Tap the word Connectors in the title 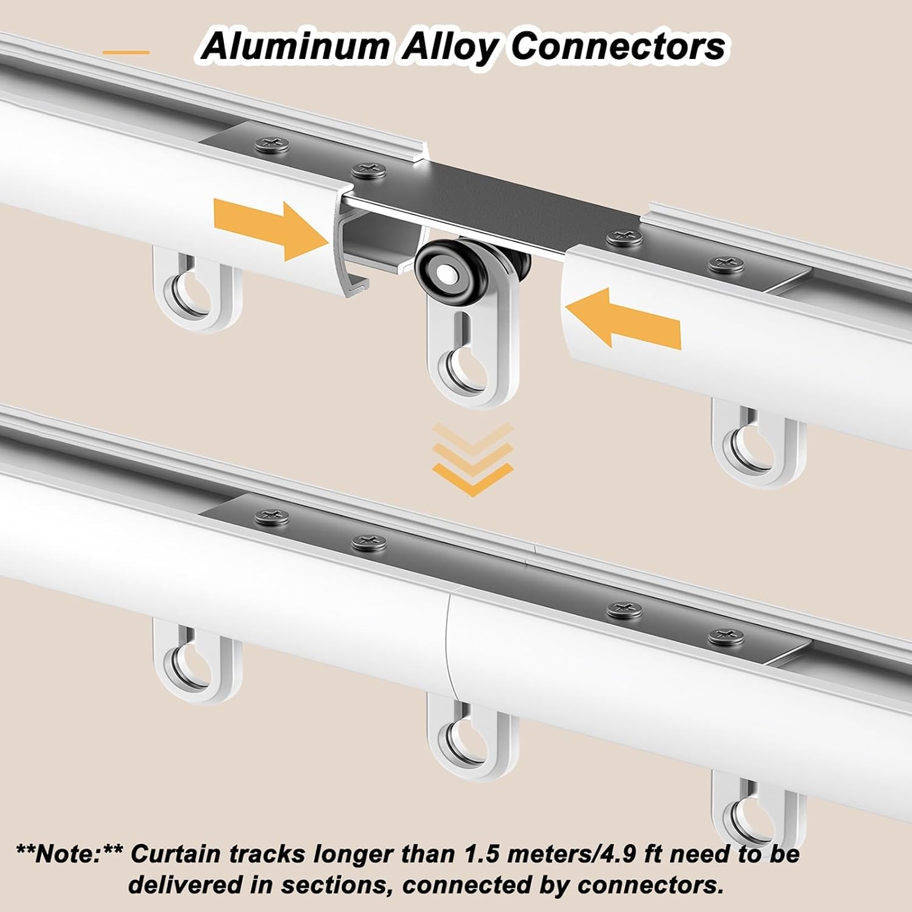pos(618,47)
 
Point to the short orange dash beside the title pos(126,53)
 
